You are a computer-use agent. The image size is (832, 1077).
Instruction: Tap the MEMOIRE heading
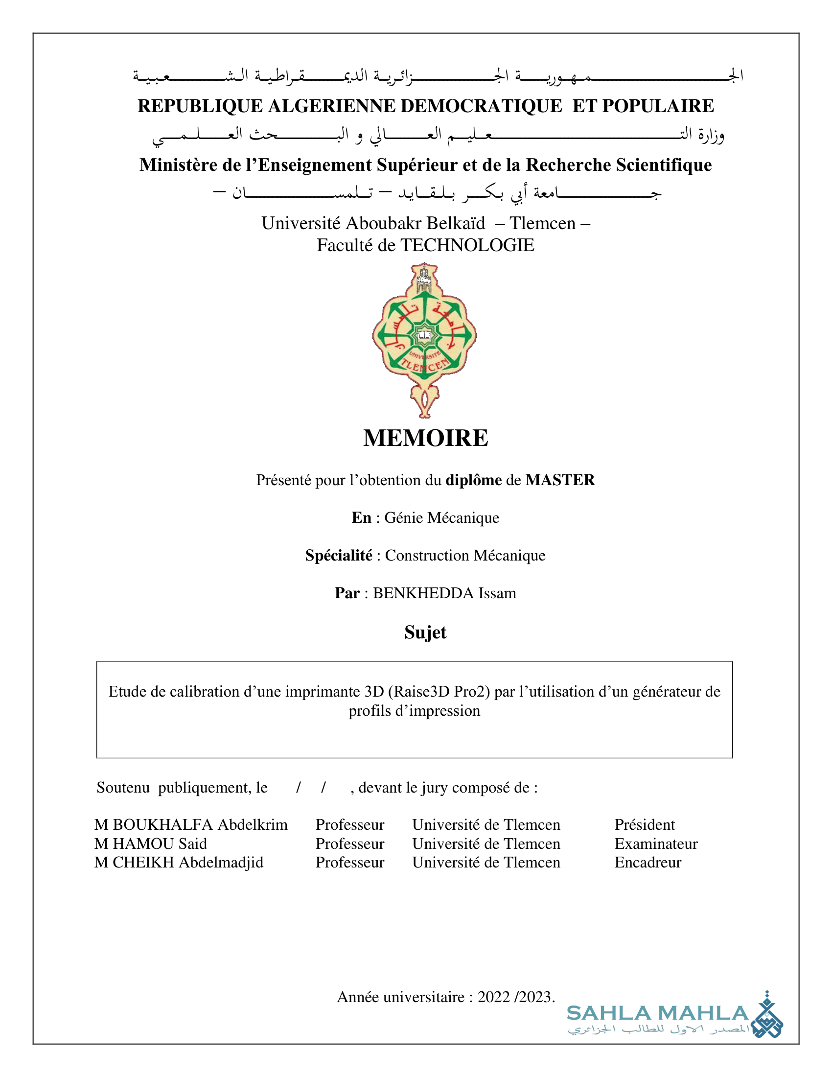[425, 438]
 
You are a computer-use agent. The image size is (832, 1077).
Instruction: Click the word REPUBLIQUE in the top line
[200, 106]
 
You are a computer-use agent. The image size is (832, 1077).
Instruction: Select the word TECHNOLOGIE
[467, 245]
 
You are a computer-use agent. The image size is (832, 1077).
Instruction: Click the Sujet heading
[425, 632]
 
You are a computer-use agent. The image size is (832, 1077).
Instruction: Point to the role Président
[644, 824]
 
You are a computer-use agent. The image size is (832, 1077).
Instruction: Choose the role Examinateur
[655, 844]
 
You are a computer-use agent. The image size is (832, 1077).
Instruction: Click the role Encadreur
[647, 862]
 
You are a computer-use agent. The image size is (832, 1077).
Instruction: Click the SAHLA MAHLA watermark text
[657, 1013]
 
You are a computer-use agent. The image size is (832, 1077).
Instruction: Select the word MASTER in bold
[560, 480]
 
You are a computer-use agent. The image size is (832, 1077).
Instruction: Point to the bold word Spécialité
[339, 555]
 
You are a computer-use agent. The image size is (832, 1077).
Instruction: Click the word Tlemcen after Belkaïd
[542, 223]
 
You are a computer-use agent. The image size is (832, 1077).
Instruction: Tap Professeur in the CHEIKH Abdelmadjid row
[349, 862]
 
